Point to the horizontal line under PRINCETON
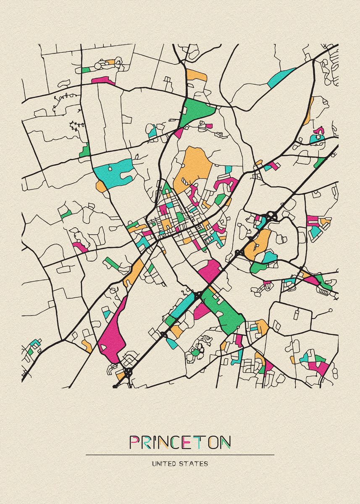180,455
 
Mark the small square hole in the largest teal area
110,168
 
